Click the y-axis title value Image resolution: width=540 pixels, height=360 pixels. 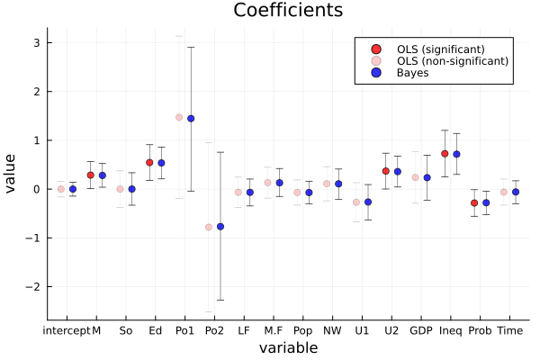[x=12, y=173]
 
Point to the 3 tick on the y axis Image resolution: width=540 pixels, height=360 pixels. [x=36, y=43]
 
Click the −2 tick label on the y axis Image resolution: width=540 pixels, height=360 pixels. [x=33, y=286]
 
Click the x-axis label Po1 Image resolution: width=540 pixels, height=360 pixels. [x=184, y=330]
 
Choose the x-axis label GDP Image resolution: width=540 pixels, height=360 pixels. [x=421, y=330]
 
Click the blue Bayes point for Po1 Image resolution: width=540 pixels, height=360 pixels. [x=191, y=119]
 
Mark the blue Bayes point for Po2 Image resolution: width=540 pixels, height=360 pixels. [x=220, y=227]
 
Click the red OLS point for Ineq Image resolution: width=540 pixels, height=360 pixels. [x=445, y=154]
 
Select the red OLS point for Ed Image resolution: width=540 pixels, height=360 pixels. [x=149, y=163]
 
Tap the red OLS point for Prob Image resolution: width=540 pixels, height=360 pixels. [x=474, y=203]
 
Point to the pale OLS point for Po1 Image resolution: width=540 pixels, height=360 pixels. [x=179, y=117]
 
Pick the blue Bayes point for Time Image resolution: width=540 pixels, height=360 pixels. [x=516, y=192]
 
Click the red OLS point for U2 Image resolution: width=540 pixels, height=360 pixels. [x=386, y=171]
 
